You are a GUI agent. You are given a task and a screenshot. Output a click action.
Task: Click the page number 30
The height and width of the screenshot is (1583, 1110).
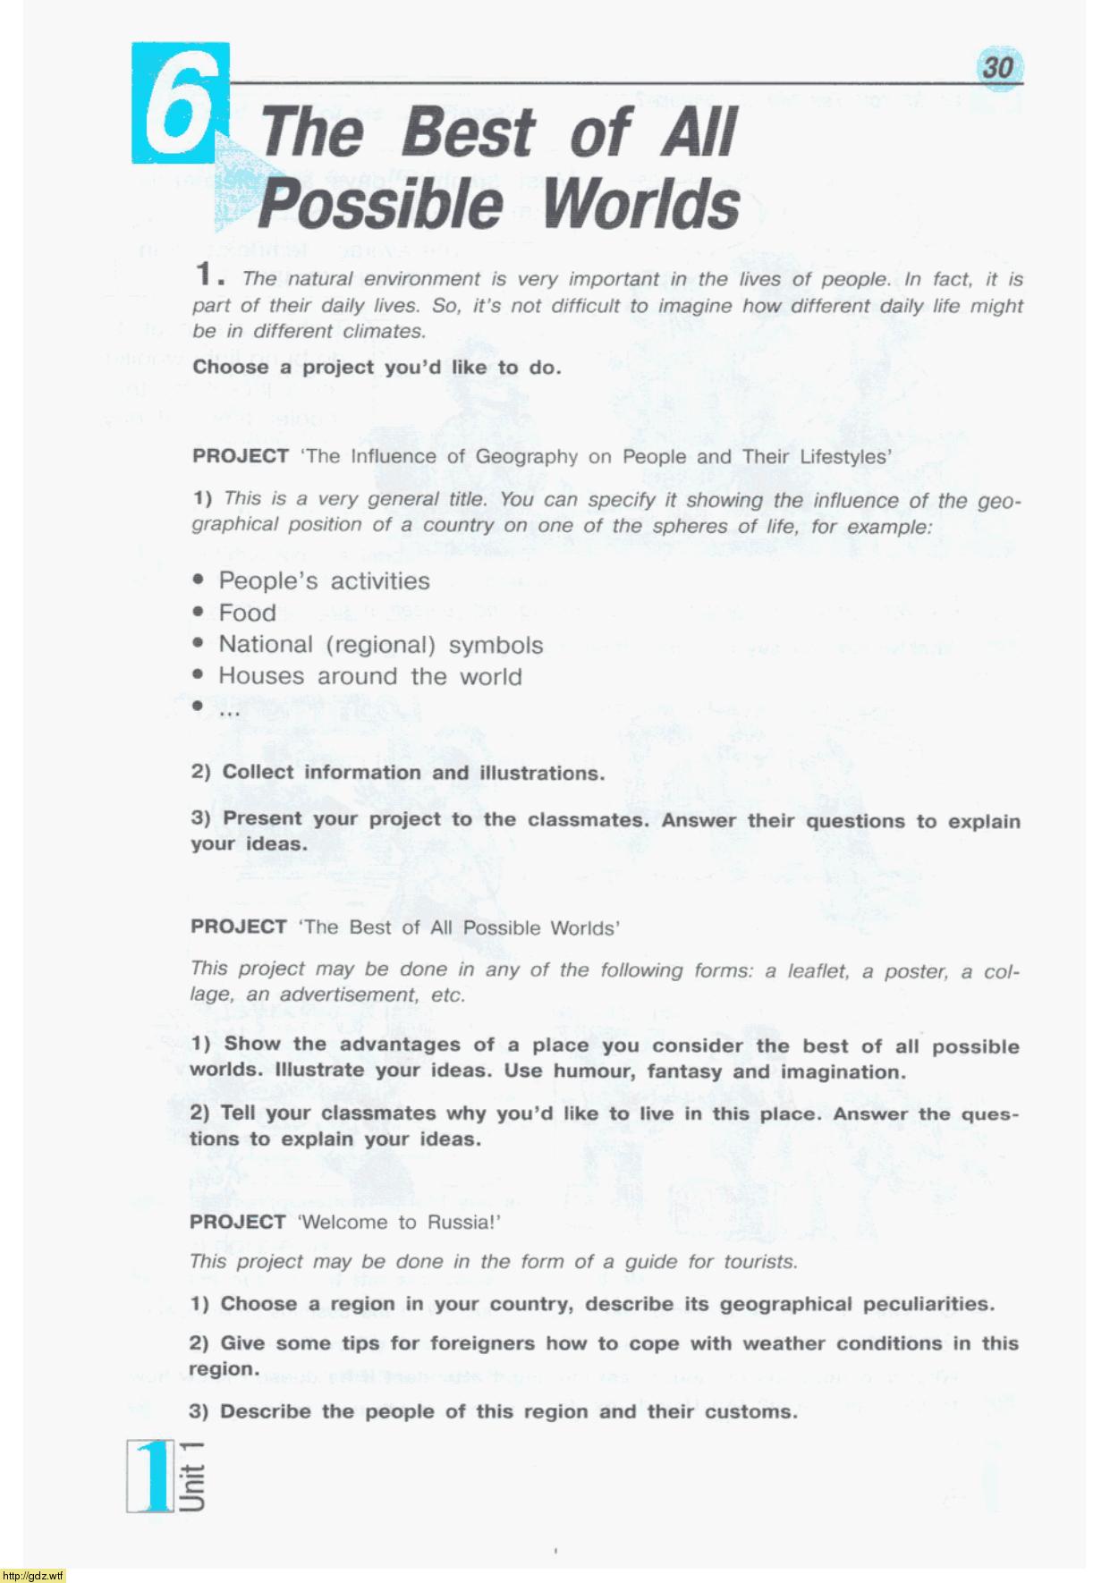coord(998,67)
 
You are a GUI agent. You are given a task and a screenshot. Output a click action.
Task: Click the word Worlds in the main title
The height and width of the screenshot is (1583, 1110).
coord(641,204)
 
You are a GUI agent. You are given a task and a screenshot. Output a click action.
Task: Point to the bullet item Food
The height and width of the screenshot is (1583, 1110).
coord(247,614)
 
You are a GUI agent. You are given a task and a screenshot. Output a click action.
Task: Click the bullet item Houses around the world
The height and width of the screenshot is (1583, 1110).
coord(370,677)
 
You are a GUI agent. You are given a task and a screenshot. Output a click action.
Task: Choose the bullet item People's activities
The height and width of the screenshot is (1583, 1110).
coord(324,581)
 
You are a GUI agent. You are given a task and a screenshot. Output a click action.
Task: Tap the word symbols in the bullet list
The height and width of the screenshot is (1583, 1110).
coord(496,646)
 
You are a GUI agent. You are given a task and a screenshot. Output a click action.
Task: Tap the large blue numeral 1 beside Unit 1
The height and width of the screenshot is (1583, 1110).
coord(153,1475)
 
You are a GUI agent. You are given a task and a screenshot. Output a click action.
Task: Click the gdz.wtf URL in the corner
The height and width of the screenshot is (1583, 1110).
coord(33,1575)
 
